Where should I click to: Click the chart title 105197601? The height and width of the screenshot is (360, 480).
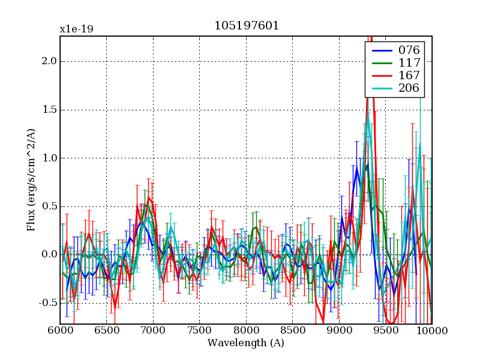[x=246, y=26]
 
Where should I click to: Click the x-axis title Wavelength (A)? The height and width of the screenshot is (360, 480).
[x=246, y=343]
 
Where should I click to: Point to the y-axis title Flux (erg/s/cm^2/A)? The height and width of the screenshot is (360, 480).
[x=31, y=180]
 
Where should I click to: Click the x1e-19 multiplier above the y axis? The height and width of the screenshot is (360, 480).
[x=76, y=29]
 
